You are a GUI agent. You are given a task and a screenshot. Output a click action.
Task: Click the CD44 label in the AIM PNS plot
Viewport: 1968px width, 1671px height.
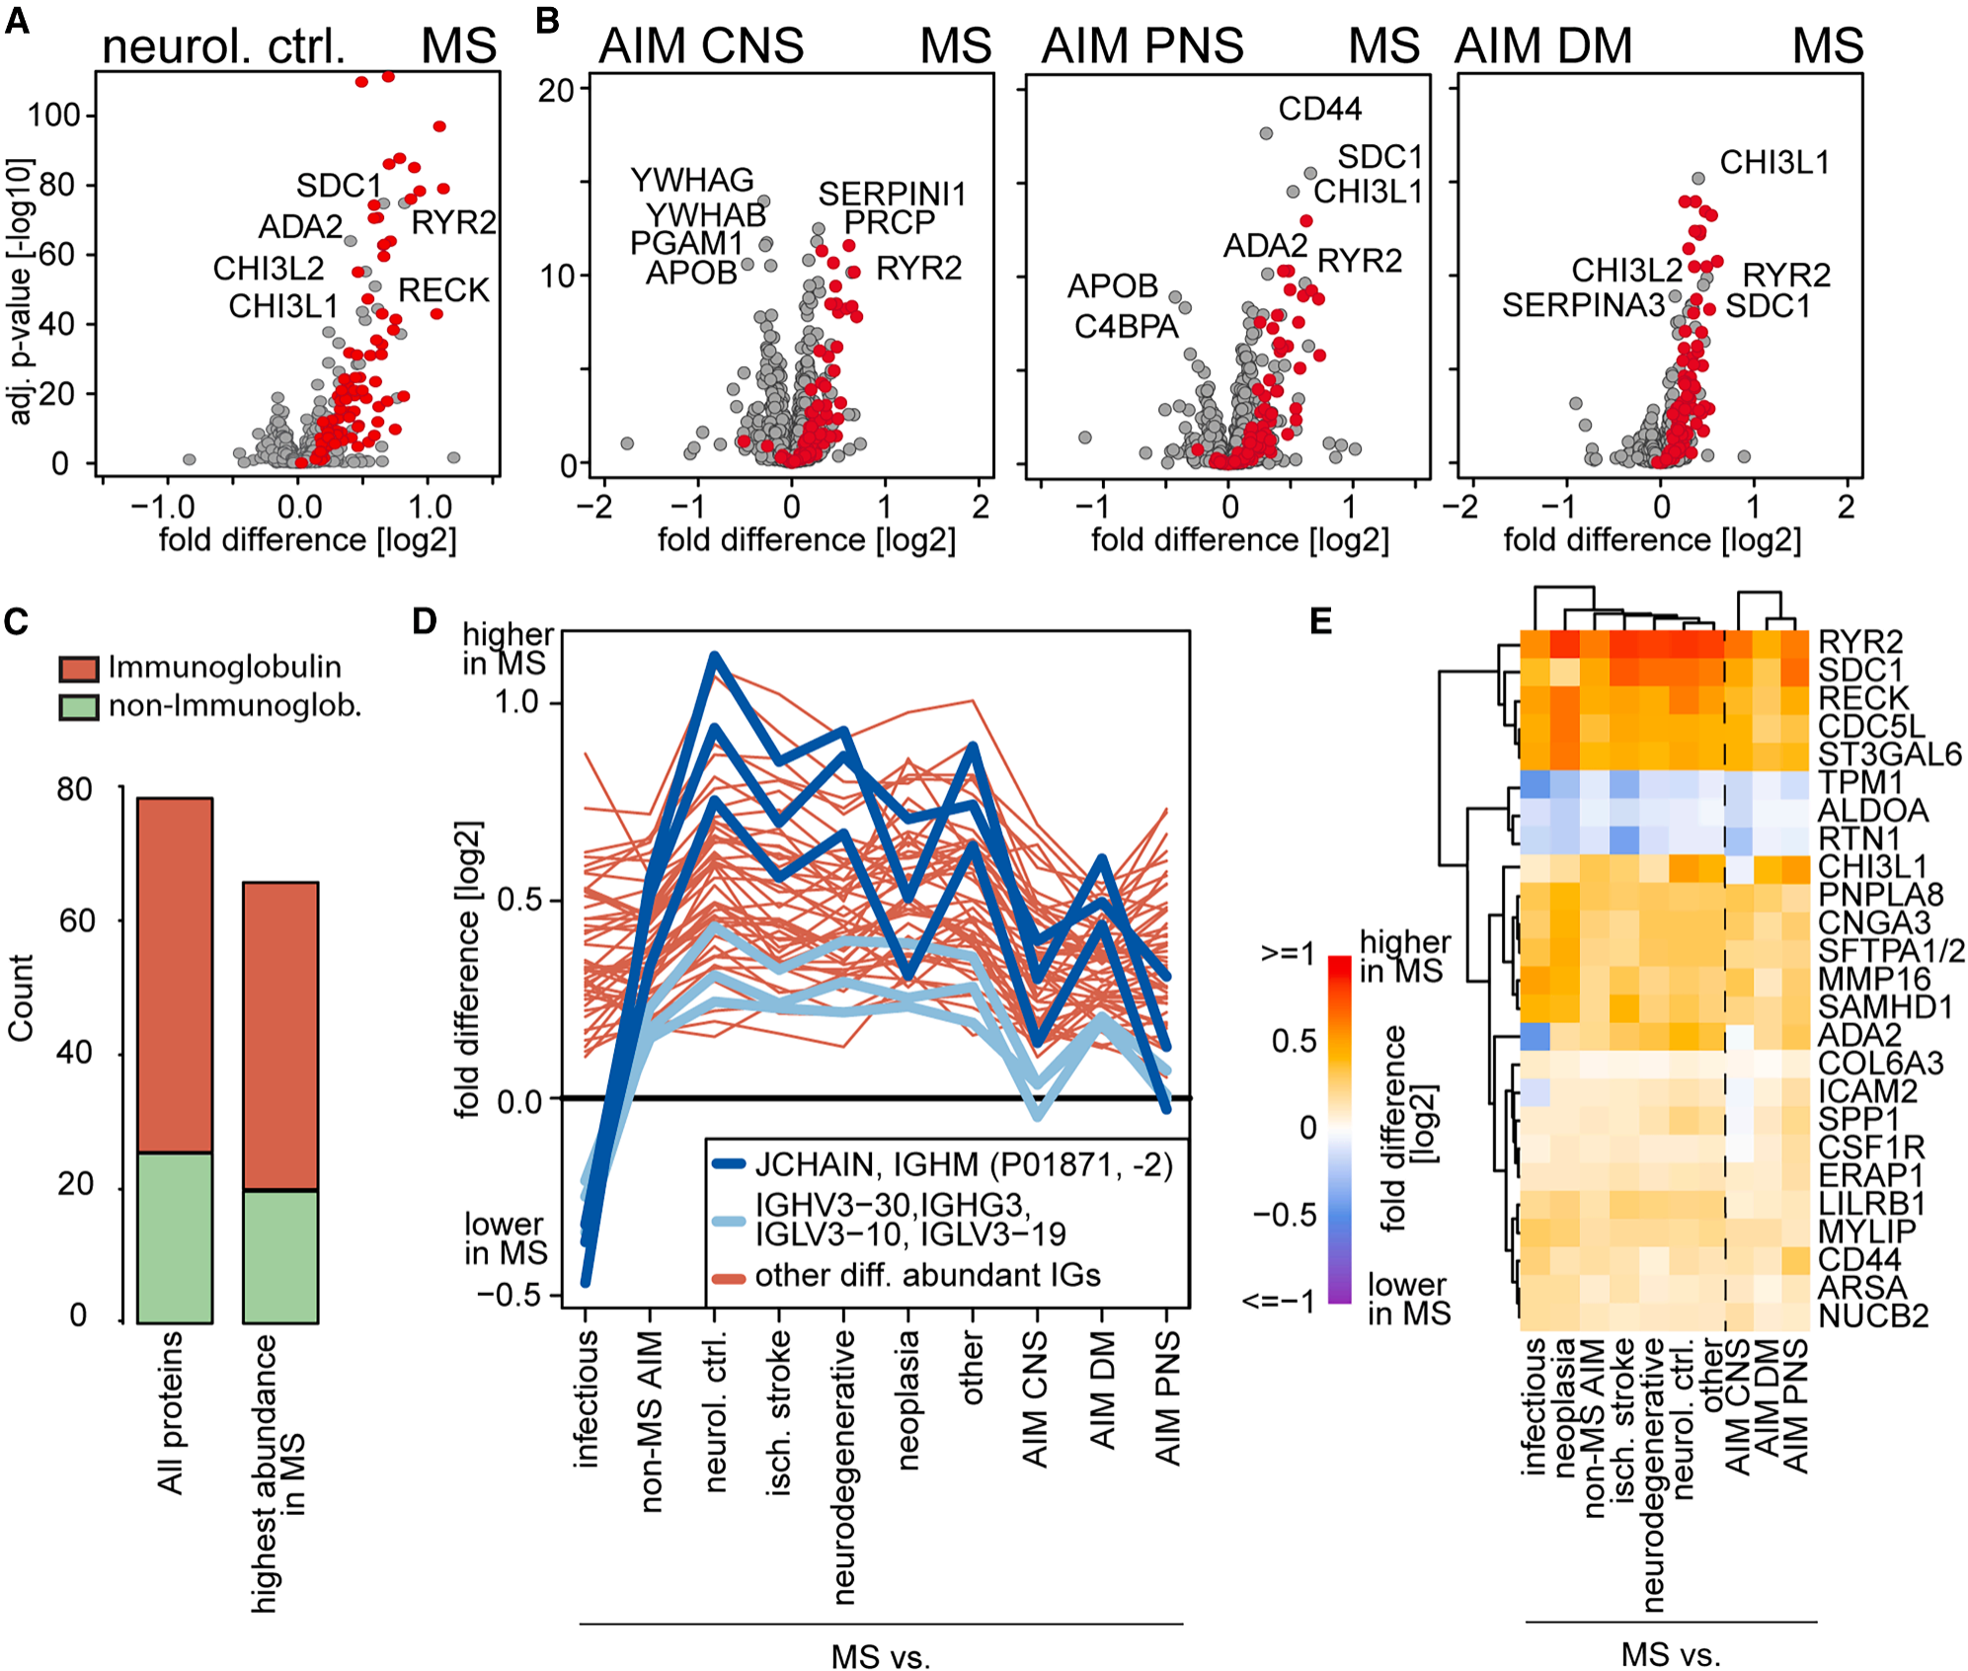point(1319,109)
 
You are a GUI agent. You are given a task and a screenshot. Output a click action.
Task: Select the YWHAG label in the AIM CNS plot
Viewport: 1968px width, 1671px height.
point(692,180)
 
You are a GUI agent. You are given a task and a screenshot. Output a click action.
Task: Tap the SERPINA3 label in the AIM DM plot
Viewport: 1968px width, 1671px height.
point(1583,306)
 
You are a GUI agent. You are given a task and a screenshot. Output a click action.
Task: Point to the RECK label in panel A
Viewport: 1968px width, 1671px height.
point(443,290)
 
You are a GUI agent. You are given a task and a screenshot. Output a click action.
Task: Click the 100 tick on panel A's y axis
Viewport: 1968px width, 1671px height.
point(53,116)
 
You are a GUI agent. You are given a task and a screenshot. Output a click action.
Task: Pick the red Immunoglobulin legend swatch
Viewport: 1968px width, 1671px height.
point(79,669)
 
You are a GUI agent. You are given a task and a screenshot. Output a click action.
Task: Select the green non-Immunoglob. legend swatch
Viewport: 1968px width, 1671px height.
point(79,707)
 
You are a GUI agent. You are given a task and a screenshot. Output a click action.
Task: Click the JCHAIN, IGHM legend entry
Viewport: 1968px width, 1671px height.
point(963,1165)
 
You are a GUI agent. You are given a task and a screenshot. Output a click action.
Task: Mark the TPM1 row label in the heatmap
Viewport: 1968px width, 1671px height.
point(1860,782)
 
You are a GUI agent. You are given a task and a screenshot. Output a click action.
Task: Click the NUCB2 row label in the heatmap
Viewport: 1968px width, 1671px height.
point(1873,1316)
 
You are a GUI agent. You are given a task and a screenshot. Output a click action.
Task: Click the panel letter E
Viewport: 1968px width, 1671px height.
point(1320,621)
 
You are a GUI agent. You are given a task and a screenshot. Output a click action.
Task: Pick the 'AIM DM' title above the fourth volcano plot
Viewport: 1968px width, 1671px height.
point(1543,46)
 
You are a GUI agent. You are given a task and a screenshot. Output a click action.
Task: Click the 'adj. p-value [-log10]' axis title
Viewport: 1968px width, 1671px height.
point(20,291)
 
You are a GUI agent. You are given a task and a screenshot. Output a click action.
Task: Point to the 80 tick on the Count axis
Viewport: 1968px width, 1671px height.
point(74,790)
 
